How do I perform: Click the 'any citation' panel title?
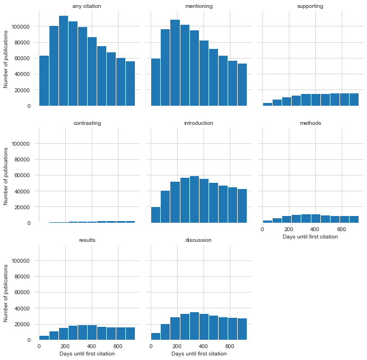87,6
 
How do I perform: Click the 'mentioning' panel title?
198,6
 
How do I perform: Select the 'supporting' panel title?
310,6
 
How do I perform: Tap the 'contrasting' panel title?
87,123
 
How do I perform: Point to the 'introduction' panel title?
198,123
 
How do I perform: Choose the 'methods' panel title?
310,123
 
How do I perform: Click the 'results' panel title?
87,240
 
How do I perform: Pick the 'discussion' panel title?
198,240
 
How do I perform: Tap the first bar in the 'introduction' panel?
156,215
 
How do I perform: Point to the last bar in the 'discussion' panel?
242,329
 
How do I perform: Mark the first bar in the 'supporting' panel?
268,104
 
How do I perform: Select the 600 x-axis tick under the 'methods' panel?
341,229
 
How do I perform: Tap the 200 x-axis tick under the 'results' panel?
65,346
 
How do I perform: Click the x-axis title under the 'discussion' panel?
198,354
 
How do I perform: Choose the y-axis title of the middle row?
6,175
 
